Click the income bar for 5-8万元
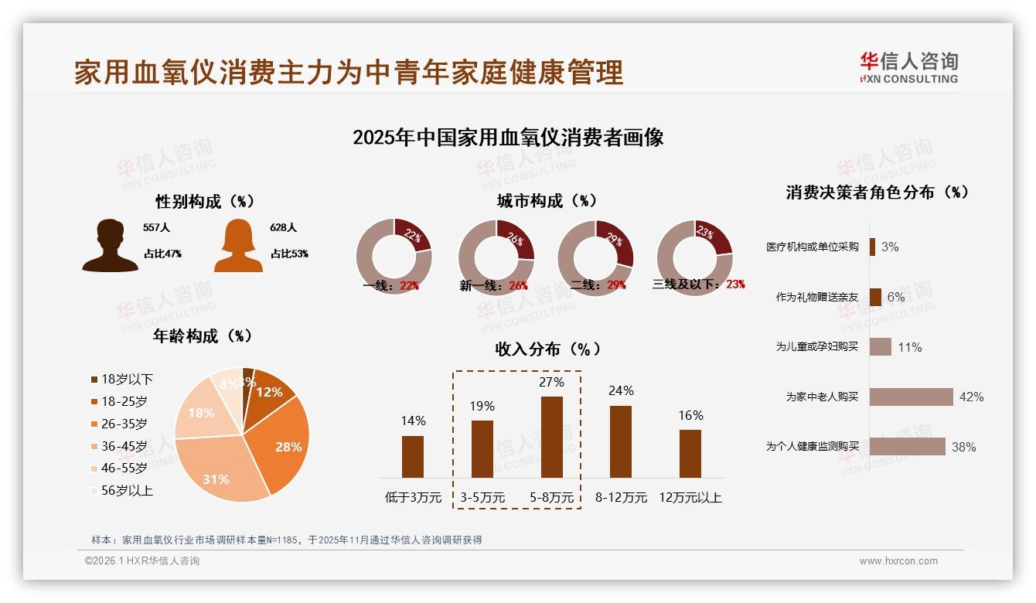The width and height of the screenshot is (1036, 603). pos(551,437)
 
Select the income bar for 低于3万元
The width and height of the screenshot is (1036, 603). pos(413,456)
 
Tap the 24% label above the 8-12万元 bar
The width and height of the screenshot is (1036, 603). pos(621,390)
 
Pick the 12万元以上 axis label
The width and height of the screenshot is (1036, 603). pos(690,497)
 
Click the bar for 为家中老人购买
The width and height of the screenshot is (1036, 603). pos(911,397)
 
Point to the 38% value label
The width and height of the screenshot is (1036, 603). pos(963,447)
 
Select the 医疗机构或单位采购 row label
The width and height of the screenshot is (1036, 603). pos(812,247)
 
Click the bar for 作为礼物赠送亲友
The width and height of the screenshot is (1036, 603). pos(875,297)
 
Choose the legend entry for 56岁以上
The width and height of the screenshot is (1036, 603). pos(121,490)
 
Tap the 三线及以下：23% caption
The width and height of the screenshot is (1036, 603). pos(698,284)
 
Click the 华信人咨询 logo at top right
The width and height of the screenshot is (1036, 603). pos(908,68)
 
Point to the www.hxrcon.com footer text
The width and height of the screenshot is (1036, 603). pos(898,561)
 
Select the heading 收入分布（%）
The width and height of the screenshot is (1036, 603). pos(547,349)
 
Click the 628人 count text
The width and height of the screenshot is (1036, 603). pos(283,228)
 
